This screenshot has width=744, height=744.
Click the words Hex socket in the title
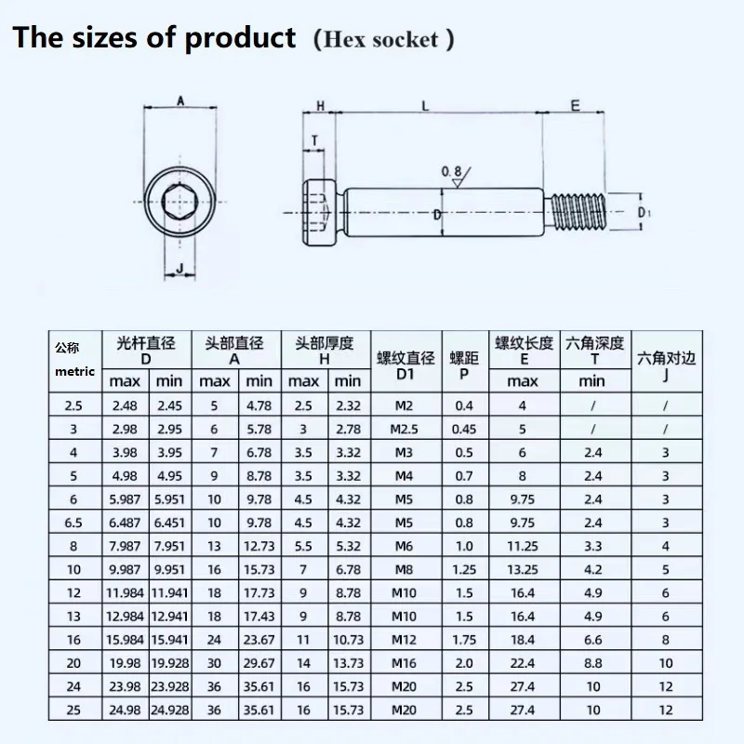384,40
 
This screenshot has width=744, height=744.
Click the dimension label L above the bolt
425,106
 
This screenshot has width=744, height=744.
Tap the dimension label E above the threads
575,106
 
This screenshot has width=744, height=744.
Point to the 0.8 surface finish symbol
453,171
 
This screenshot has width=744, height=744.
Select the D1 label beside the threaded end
644,213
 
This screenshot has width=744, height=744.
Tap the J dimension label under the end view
179,271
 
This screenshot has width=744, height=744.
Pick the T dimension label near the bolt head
315,141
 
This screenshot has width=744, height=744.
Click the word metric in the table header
74,371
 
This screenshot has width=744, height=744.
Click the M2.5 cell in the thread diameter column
405,430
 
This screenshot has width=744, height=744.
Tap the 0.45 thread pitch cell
463,430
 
